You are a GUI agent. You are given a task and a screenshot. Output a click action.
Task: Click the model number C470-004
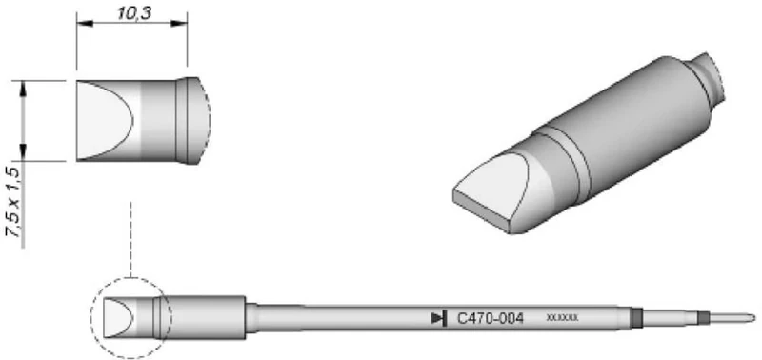(x=491, y=318)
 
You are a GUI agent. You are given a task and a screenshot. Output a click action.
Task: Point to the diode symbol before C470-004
(x=439, y=318)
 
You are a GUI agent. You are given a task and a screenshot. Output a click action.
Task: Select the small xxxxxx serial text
(x=562, y=318)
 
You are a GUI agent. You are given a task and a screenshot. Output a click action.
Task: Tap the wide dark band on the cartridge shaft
(x=635, y=317)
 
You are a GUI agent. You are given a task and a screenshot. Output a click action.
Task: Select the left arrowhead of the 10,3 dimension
(x=80, y=26)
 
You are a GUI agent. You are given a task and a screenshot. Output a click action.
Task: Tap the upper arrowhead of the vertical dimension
(x=22, y=87)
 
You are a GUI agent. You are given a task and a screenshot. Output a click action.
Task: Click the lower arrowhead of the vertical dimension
(x=22, y=154)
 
